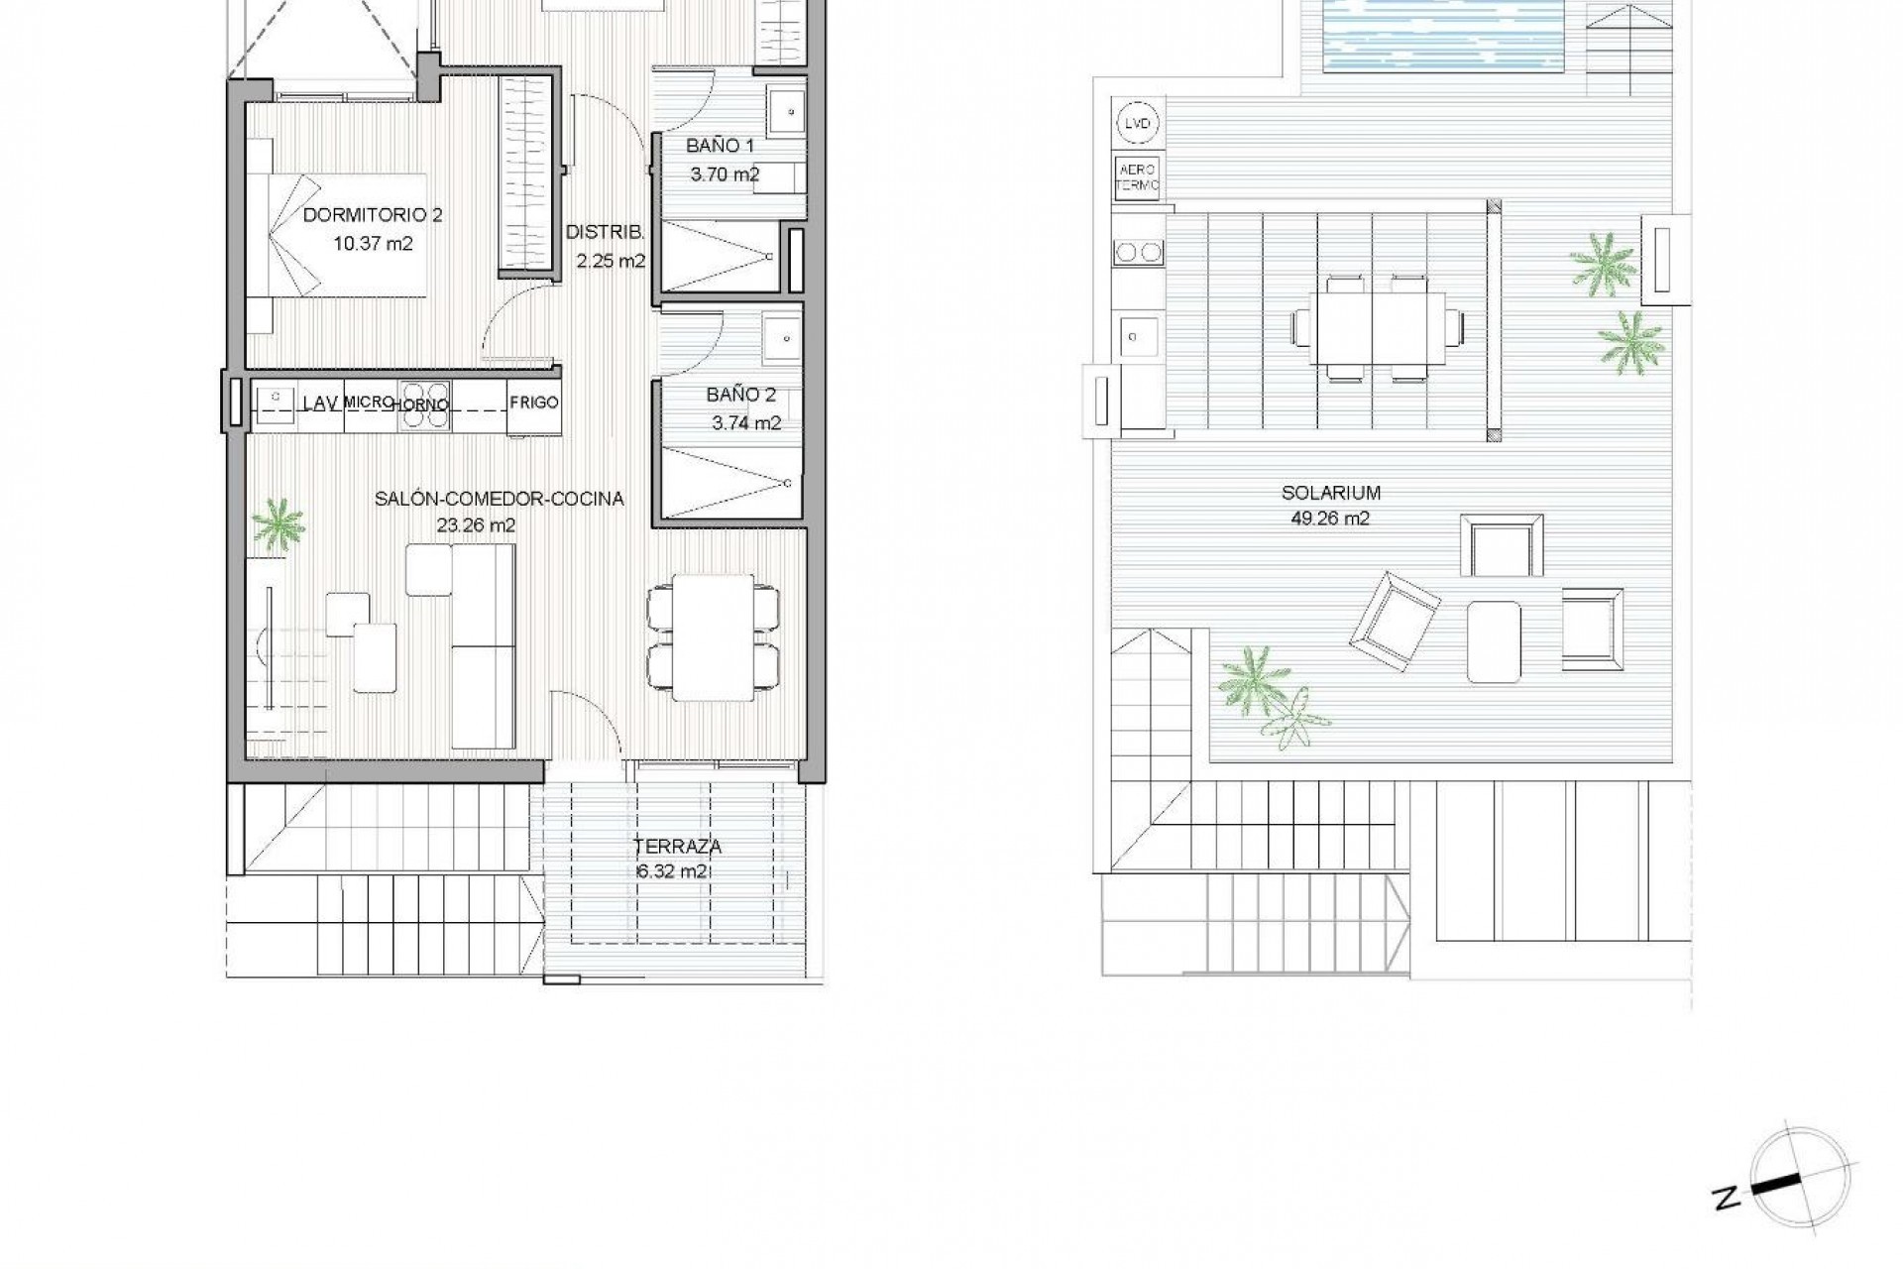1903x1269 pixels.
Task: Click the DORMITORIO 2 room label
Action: point(373,214)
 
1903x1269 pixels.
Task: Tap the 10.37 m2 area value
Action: point(373,242)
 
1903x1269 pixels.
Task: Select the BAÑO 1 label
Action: point(721,146)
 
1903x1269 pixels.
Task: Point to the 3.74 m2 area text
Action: point(746,423)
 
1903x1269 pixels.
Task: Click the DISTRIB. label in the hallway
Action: point(606,233)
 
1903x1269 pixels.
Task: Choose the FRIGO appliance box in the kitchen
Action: point(534,403)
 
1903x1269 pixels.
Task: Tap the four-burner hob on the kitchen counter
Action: point(425,404)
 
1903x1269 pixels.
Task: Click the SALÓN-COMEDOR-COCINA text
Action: point(500,499)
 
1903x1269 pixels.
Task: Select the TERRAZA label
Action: point(679,847)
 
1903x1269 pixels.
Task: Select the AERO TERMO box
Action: point(1138,176)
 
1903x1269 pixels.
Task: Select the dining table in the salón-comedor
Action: point(712,636)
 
